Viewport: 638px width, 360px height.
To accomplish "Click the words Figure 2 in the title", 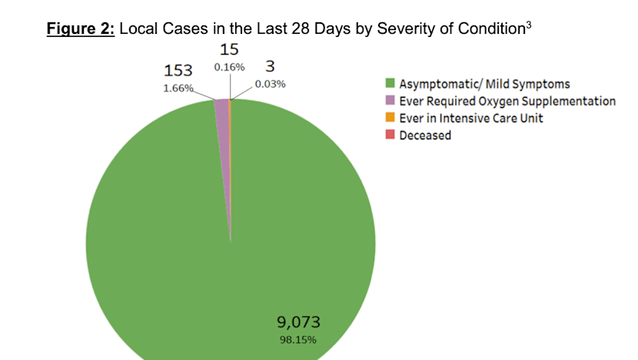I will click(79, 30).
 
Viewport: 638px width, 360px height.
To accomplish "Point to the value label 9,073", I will click(297, 322).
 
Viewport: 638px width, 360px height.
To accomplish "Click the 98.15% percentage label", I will click(297, 338).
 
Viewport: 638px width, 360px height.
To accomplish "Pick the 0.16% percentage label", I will click(229, 68).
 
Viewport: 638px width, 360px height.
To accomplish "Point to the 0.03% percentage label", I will click(270, 84).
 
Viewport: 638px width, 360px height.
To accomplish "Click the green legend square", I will click(390, 84).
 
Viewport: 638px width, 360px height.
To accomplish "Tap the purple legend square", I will click(390, 101).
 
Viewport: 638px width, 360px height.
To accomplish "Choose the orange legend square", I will click(390, 118).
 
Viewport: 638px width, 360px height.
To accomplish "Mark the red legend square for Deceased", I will click(390, 135).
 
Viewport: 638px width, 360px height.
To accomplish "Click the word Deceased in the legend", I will click(425, 135).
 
